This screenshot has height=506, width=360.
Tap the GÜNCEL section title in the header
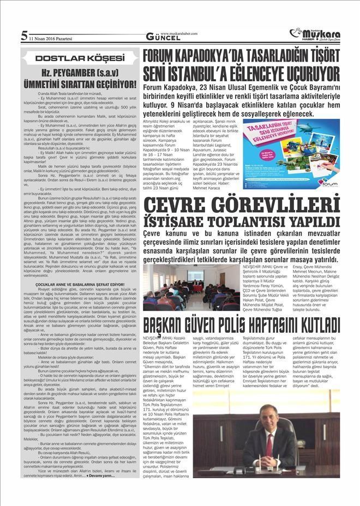pyautogui.click(x=160, y=37)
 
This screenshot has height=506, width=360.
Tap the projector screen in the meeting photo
pyautogui.click(x=195, y=276)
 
